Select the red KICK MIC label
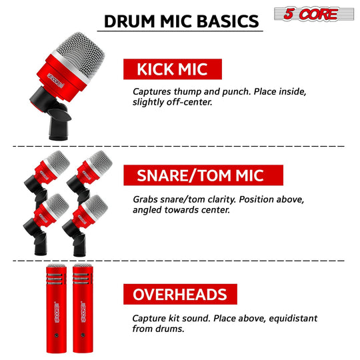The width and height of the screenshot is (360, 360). click(173, 69)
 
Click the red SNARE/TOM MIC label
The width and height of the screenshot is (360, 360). click(203, 175)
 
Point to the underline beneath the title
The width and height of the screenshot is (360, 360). click(180, 31)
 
